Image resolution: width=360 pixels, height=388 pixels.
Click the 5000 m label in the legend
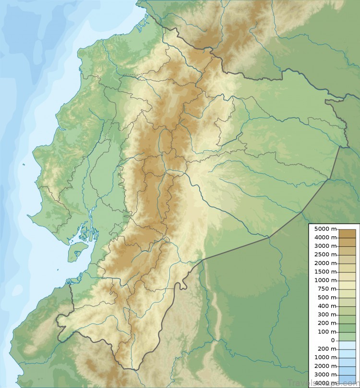coord(324,229)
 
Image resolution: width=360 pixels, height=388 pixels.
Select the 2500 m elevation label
coord(324,255)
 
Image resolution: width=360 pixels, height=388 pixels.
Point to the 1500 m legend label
coord(324,272)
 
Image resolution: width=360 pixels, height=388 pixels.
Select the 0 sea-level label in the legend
coord(333,340)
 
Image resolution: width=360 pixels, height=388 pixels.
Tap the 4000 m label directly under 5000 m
coord(324,238)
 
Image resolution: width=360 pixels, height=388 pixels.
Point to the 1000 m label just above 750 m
coord(324,280)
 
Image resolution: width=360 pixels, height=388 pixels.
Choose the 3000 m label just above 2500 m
coord(324,246)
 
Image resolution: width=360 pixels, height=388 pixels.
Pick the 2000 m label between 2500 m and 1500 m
coord(324,263)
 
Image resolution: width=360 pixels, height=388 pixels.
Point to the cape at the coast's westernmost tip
coord(30,217)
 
